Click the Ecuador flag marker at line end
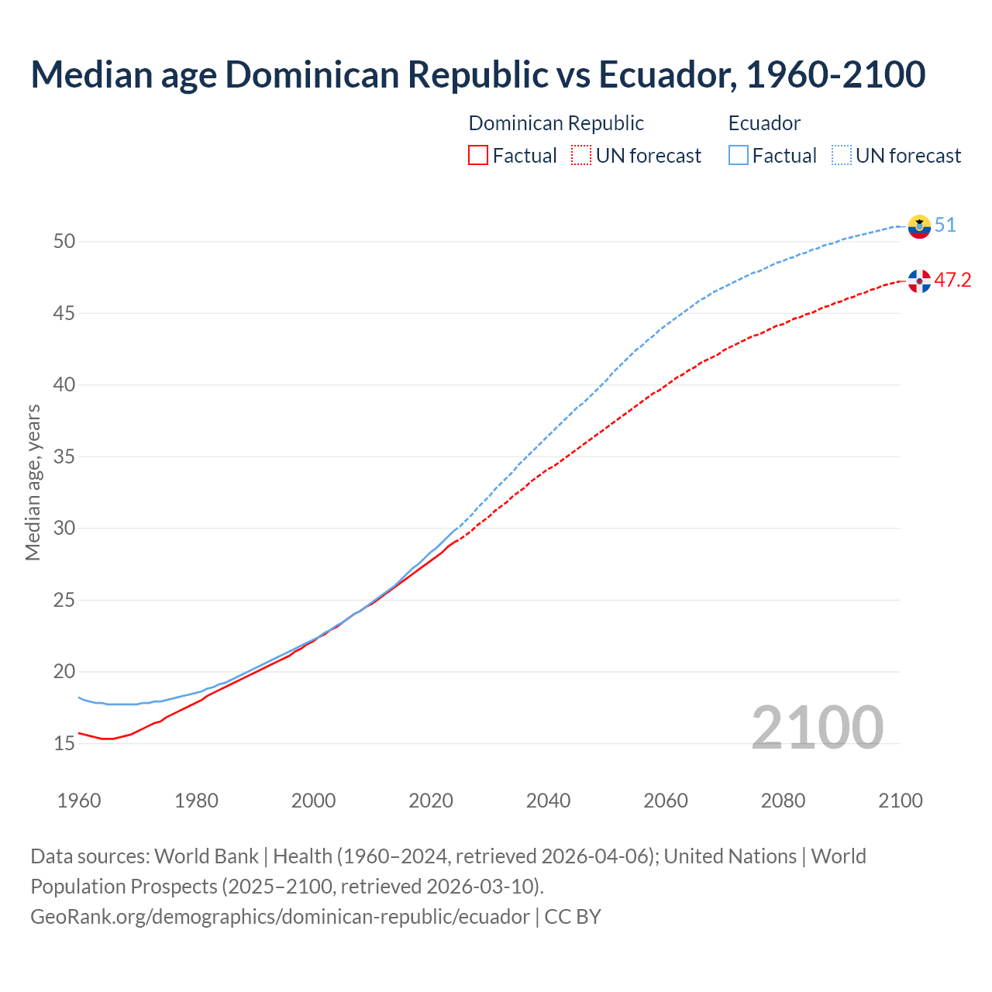[919, 226]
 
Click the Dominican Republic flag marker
[919, 281]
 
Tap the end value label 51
[945, 226]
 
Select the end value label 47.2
[952, 280]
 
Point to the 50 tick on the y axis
[64, 242]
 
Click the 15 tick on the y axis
[64, 743]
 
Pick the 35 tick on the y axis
[64, 456]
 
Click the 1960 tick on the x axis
[79, 801]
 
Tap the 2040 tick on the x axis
[548, 801]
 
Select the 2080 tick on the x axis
[783, 801]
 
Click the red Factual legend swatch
[478, 156]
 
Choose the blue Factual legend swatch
[739, 156]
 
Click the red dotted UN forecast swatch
[581, 156]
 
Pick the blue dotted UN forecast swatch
[842, 156]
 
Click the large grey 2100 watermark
[817, 727]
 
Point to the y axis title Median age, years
[33, 482]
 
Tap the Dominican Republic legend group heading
[556, 123]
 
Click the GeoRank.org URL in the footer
[280, 916]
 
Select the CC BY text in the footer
[573, 916]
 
